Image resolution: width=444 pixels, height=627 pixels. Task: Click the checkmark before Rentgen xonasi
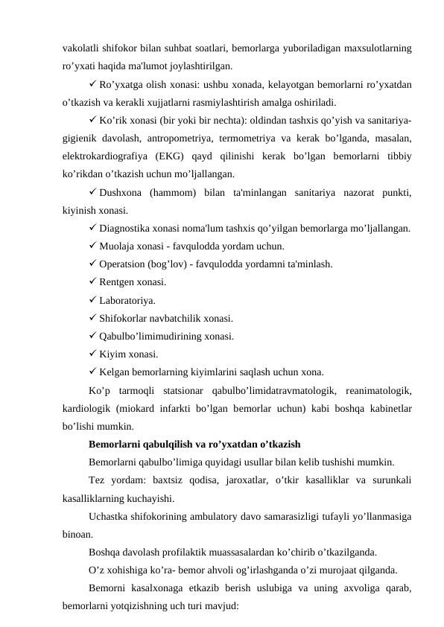point(92,282)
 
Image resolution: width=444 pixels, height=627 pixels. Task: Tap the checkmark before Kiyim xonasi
point(92,354)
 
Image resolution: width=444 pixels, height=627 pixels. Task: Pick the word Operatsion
point(124,264)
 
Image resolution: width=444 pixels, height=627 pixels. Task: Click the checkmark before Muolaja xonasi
point(92,246)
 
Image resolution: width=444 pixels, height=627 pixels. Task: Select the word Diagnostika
point(127,229)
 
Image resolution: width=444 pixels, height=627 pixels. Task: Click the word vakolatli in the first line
point(83,49)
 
